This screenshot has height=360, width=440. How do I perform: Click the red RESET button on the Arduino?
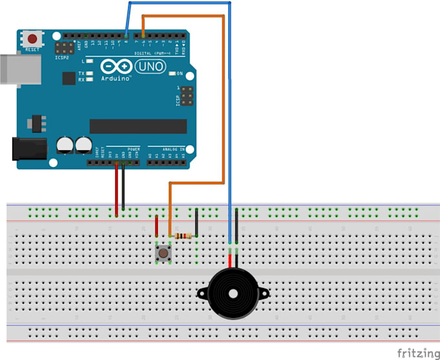click(30, 38)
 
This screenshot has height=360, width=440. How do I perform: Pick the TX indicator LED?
click(89, 74)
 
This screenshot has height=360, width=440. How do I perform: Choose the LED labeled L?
click(89, 61)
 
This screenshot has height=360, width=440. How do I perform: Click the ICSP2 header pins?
click(65, 47)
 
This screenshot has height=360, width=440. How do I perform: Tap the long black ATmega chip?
click(137, 126)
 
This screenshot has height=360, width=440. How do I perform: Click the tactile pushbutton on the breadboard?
click(164, 253)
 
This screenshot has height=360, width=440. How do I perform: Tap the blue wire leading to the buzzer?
click(230, 129)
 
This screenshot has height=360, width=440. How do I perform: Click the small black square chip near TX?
click(69, 78)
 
